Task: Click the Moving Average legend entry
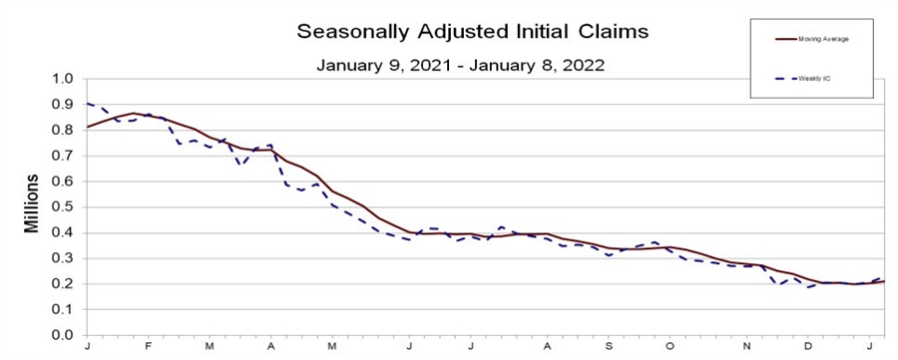(x=818, y=40)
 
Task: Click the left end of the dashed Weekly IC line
(x=88, y=103)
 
